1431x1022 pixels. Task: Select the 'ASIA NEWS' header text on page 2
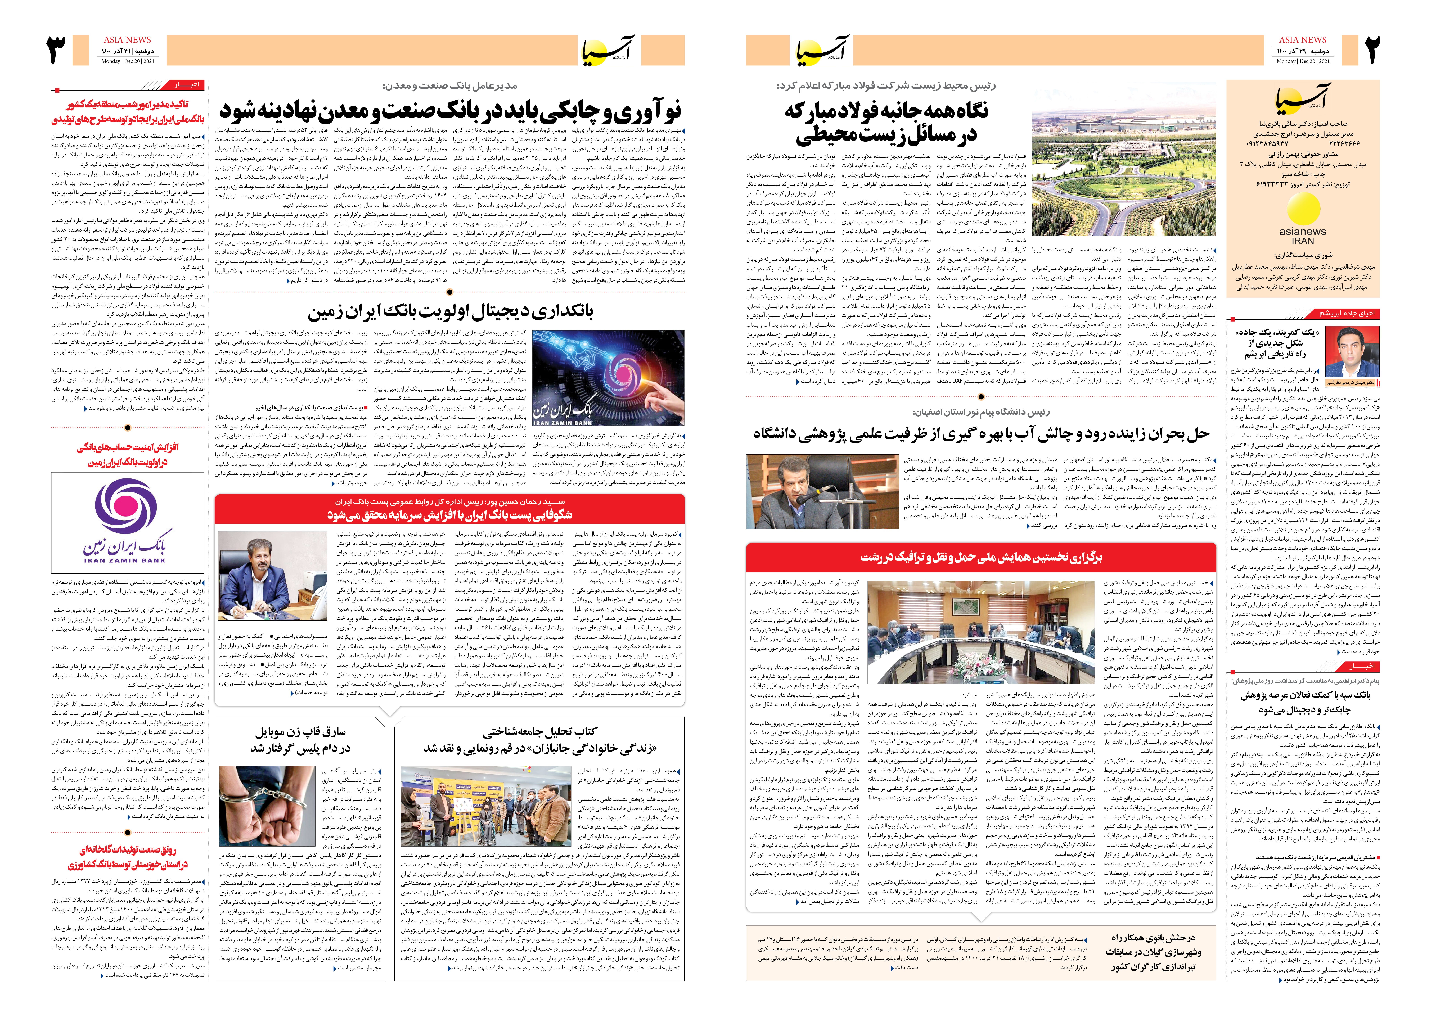point(1302,40)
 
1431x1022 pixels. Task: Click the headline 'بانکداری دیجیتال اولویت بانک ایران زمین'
point(450,311)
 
